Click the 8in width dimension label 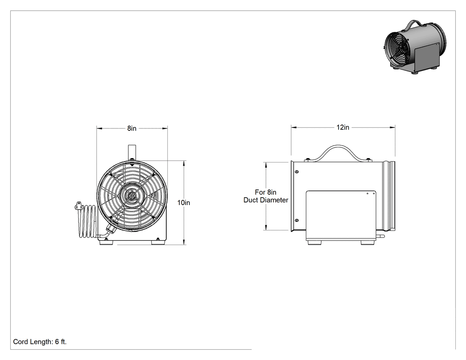point(132,128)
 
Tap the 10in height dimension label point(183,202)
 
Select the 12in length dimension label point(343,127)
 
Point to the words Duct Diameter point(266,200)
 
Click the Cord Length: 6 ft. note point(40,342)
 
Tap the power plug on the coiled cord point(78,206)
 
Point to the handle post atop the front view point(132,153)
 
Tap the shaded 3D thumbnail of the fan point(415,47)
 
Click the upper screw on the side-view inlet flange point(296,172)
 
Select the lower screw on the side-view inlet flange point(296,220)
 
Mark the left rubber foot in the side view point(314,242)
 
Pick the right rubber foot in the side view point(367,242)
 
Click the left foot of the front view point(107,242)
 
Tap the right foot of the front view point(158,242)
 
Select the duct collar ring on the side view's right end point(389,196)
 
